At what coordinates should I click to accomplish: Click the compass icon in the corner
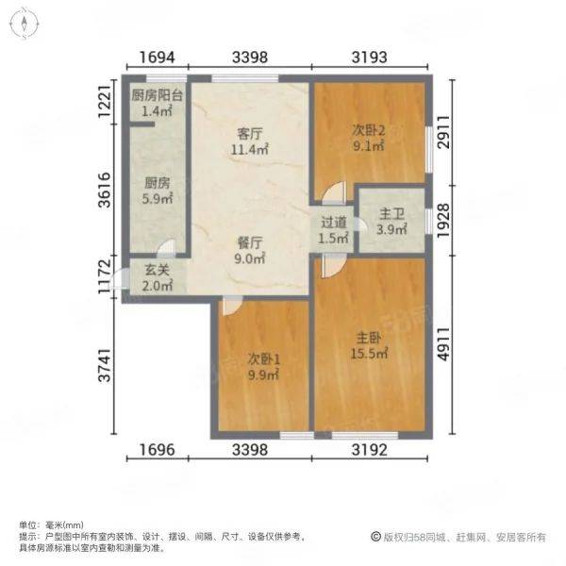pos(25,25)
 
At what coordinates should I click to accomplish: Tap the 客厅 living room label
pos(249,134)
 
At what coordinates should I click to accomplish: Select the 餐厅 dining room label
pos(249,243)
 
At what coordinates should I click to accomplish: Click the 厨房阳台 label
pos(157,95)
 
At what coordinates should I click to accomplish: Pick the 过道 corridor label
pos(334,223)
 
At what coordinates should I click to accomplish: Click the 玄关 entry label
pos(158,270)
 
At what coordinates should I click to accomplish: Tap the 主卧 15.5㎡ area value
pos(369,354)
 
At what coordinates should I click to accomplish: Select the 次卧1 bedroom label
pos(264,359)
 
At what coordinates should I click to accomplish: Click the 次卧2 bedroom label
pos(369,131)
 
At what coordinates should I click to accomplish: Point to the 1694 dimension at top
pos(157,58)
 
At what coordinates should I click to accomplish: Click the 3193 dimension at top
pos(369,58)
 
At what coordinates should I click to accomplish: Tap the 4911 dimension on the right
pos(443,344)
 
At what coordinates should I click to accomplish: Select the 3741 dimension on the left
pos(105,365)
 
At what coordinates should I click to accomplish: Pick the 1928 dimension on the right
pos(443,221)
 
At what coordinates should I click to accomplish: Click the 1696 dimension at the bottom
pos(157,450)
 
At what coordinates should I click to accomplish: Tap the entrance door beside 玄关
pos(119,279)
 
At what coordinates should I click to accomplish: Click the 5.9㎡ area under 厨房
pos(157,199)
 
